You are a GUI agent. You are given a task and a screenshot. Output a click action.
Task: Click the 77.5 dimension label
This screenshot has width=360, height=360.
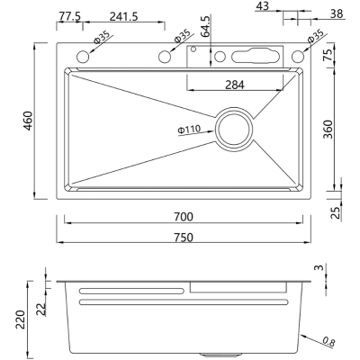pyautogui.click(x=69, y=16)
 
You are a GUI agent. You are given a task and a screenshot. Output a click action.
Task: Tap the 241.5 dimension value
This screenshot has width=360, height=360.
pyautogui.click(x=123, y=16)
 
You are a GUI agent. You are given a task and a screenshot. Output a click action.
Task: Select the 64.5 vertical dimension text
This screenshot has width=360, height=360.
pyautogui.click(x=206, y=27)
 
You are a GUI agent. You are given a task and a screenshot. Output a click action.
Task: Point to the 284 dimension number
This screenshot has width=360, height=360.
pyautogui.click(x=235, y=85)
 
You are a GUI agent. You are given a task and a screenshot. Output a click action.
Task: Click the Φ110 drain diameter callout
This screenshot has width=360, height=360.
pyautogui.click(x=189, y=130)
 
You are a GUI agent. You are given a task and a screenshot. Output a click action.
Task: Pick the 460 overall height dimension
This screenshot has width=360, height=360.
pyautogui.click(x=28, y=121)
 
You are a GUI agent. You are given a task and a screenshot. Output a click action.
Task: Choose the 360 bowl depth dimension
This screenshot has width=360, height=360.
pyautogui.click(x=328, y=130)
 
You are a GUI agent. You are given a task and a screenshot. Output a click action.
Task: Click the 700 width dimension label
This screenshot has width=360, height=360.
pyautogui.click(x=184, y=217)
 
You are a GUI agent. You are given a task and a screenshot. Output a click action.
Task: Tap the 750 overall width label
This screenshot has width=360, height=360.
pyautogui.click(x=184, y=238)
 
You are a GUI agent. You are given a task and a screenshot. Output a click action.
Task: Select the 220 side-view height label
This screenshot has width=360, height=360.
pyautogui.click(x=21, y=319)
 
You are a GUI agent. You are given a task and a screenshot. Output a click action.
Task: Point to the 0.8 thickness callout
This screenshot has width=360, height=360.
pyautogui.click(x=328, y=342)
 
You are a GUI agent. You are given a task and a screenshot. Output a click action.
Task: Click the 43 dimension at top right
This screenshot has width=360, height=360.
pyautogui.click(x=263, y=6)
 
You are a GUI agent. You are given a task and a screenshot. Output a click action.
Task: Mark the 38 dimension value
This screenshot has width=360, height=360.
pyautogui.click(x=337, y=13)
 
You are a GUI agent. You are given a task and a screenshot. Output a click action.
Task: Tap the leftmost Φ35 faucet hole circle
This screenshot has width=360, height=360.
pyautogui.click(x=83, y=57)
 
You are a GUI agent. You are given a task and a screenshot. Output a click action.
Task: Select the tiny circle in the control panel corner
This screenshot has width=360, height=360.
pyautogui.click(x=193, y=49)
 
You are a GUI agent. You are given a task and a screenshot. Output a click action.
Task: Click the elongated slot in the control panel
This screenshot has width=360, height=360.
pyautogui.click(x=256, y=56)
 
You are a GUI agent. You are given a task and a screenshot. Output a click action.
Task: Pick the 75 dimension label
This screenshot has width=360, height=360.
pyautogui.click(x=328, y=55)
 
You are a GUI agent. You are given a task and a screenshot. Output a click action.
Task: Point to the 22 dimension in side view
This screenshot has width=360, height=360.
pyautogui.click(x=42, y=309)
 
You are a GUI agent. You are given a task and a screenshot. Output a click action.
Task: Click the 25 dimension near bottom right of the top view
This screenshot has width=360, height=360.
pyautogui.click(x=337, y=212)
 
